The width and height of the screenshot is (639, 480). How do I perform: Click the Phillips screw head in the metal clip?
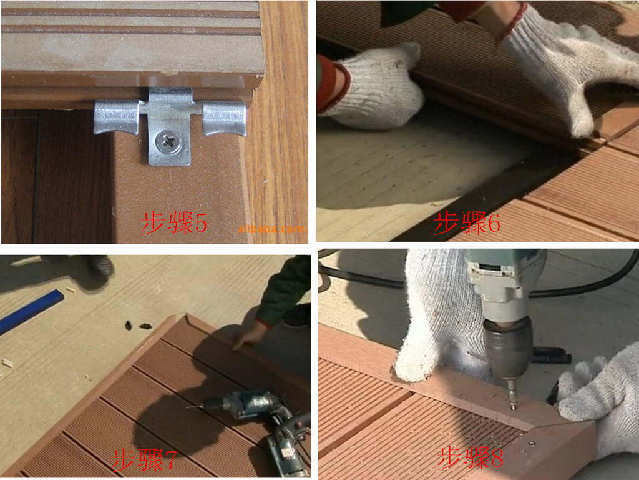168,142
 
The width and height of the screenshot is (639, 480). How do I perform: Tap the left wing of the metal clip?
117,117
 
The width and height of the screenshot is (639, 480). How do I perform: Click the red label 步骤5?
174,223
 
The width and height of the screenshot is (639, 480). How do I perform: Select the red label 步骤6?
467,223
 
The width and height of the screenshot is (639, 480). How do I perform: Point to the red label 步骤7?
144,460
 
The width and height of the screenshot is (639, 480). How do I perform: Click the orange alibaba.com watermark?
271,229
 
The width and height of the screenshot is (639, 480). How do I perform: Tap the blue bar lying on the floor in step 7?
31,311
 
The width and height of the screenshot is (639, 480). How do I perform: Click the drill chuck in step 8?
508,349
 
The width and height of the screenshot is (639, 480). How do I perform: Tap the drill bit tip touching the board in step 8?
514,406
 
